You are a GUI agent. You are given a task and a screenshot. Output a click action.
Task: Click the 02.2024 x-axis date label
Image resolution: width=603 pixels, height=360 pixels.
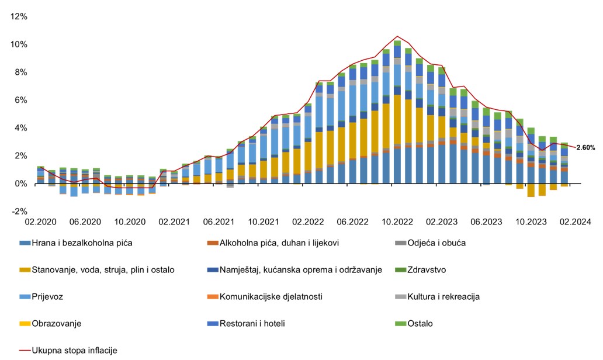click(x=576, y=222)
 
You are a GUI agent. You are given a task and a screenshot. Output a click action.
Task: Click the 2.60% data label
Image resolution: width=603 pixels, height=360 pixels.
click(x=585, y=148)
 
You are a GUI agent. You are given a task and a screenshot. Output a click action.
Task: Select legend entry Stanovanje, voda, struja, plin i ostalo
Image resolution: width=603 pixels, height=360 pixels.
click(x=96, y=269)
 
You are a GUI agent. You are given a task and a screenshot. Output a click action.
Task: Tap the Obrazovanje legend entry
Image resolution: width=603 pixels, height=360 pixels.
click(x=56, y=323)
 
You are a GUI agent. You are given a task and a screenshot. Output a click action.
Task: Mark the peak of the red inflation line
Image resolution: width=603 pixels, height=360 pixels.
click(x=397, y=36)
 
